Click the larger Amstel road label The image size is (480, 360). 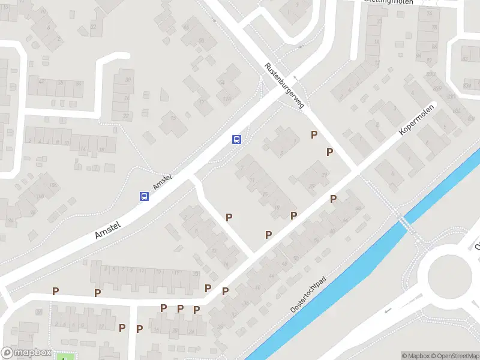tap(108, 230)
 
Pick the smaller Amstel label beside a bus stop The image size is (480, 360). tap(163, 182)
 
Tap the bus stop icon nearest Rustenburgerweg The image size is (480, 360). tap(237, 140)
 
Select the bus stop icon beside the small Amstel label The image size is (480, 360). tap(144, 196)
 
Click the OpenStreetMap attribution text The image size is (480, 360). tap(455, 356)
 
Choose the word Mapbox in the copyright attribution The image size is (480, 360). tap(415, 356)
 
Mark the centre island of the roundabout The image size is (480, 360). tap(450, 275)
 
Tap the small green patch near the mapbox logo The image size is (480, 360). tap(63, 357)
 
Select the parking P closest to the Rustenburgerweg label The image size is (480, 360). tap(314, 134)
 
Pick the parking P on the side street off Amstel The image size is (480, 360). tap(229, 217)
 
